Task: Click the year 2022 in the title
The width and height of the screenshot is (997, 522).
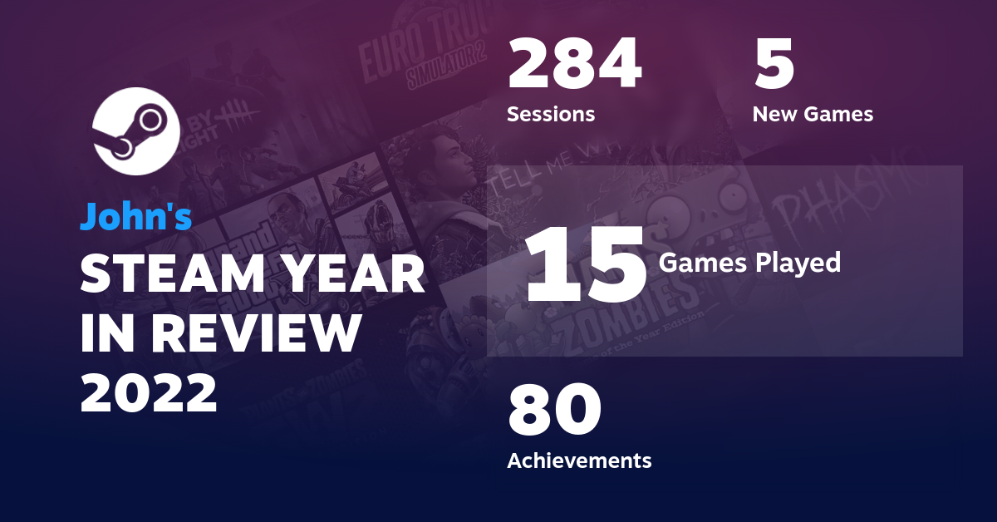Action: (150, 392)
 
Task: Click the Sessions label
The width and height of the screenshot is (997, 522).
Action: (551, 114)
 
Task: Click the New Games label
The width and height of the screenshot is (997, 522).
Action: (813, 114)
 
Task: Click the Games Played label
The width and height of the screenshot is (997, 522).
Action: (749, 263)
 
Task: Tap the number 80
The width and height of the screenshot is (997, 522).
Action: (554, 411)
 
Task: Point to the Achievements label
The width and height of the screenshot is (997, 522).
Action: (579, 460)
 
